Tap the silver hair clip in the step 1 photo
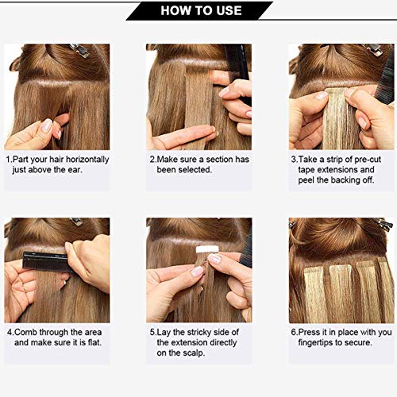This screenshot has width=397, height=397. coord(80,51)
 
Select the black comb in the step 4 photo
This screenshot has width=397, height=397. coord(44,261)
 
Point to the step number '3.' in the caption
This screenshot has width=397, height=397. coord(293,160)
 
